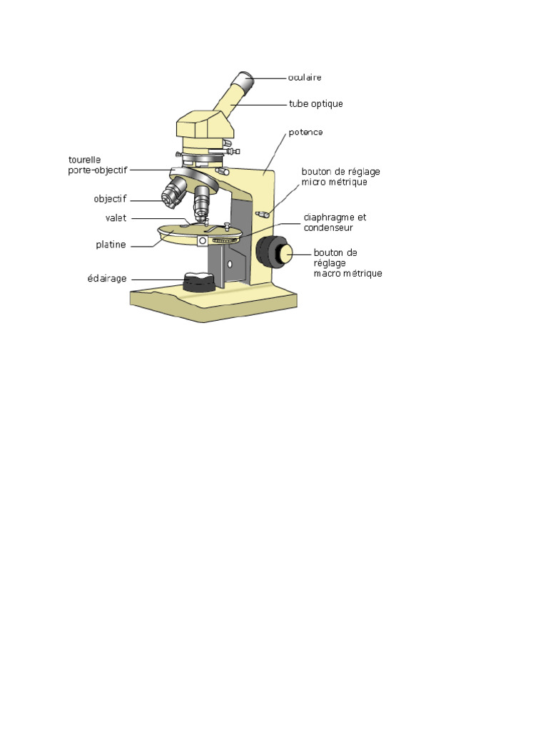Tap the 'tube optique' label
315,104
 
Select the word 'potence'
305,133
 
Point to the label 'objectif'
110,199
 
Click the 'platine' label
111,245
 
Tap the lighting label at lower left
107,279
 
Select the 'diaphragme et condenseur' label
335,222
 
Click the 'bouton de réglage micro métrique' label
340,177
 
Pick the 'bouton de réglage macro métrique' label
347,263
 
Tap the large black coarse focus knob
270,252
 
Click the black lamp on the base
199,282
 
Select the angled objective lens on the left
173,193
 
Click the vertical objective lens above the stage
203,202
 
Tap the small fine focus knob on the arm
262,212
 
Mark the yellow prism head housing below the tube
205,126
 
